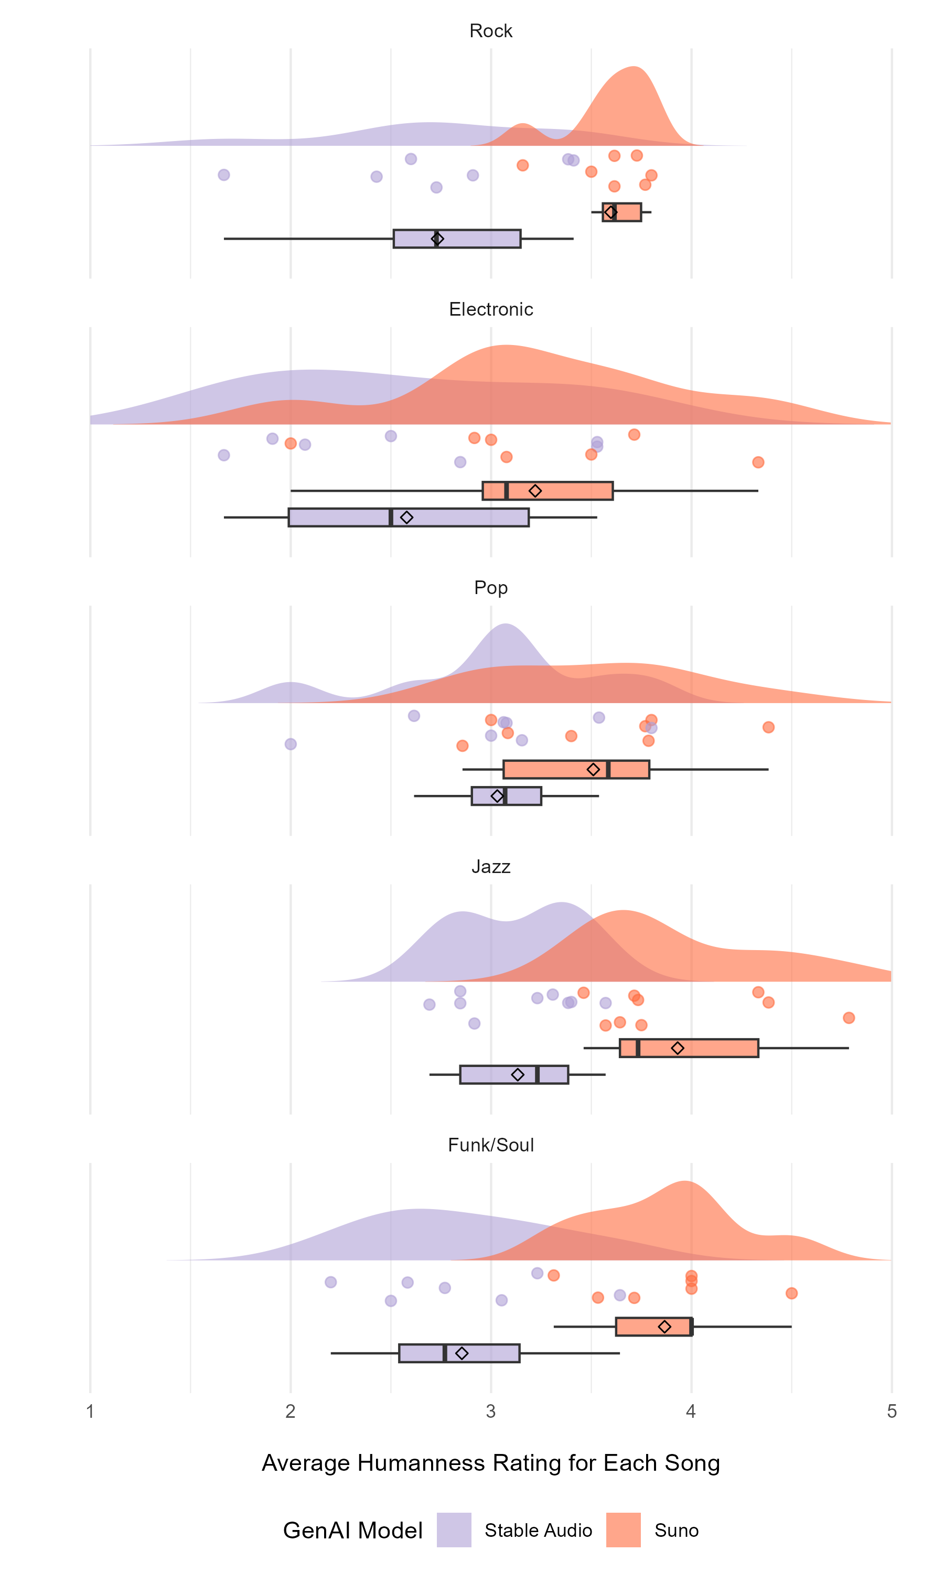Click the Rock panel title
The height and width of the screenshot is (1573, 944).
pos(490,30)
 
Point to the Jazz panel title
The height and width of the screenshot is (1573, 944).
pos(490,867)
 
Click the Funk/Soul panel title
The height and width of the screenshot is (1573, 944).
pos(490,1145)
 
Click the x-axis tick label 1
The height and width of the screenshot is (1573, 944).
pos(90,1412)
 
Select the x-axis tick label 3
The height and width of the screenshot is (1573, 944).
pos(490,1412)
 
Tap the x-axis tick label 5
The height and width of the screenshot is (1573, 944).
pos(891,1412)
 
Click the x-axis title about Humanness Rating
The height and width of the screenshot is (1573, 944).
pos(490,1463)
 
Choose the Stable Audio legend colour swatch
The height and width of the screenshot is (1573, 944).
pos(454,1530)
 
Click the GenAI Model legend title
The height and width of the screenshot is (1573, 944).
pos(352,1531)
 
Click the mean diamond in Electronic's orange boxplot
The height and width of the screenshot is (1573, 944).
pos(535,491)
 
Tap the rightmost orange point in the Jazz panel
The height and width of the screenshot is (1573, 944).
pos(848,1018)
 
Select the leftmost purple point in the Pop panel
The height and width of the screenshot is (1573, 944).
pos(291,744)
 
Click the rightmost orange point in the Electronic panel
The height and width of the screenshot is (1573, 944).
pos(758,462)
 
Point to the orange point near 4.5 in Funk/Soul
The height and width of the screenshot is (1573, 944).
pos(791,1293)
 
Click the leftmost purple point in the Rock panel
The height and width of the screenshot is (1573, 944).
pos(224,175)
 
